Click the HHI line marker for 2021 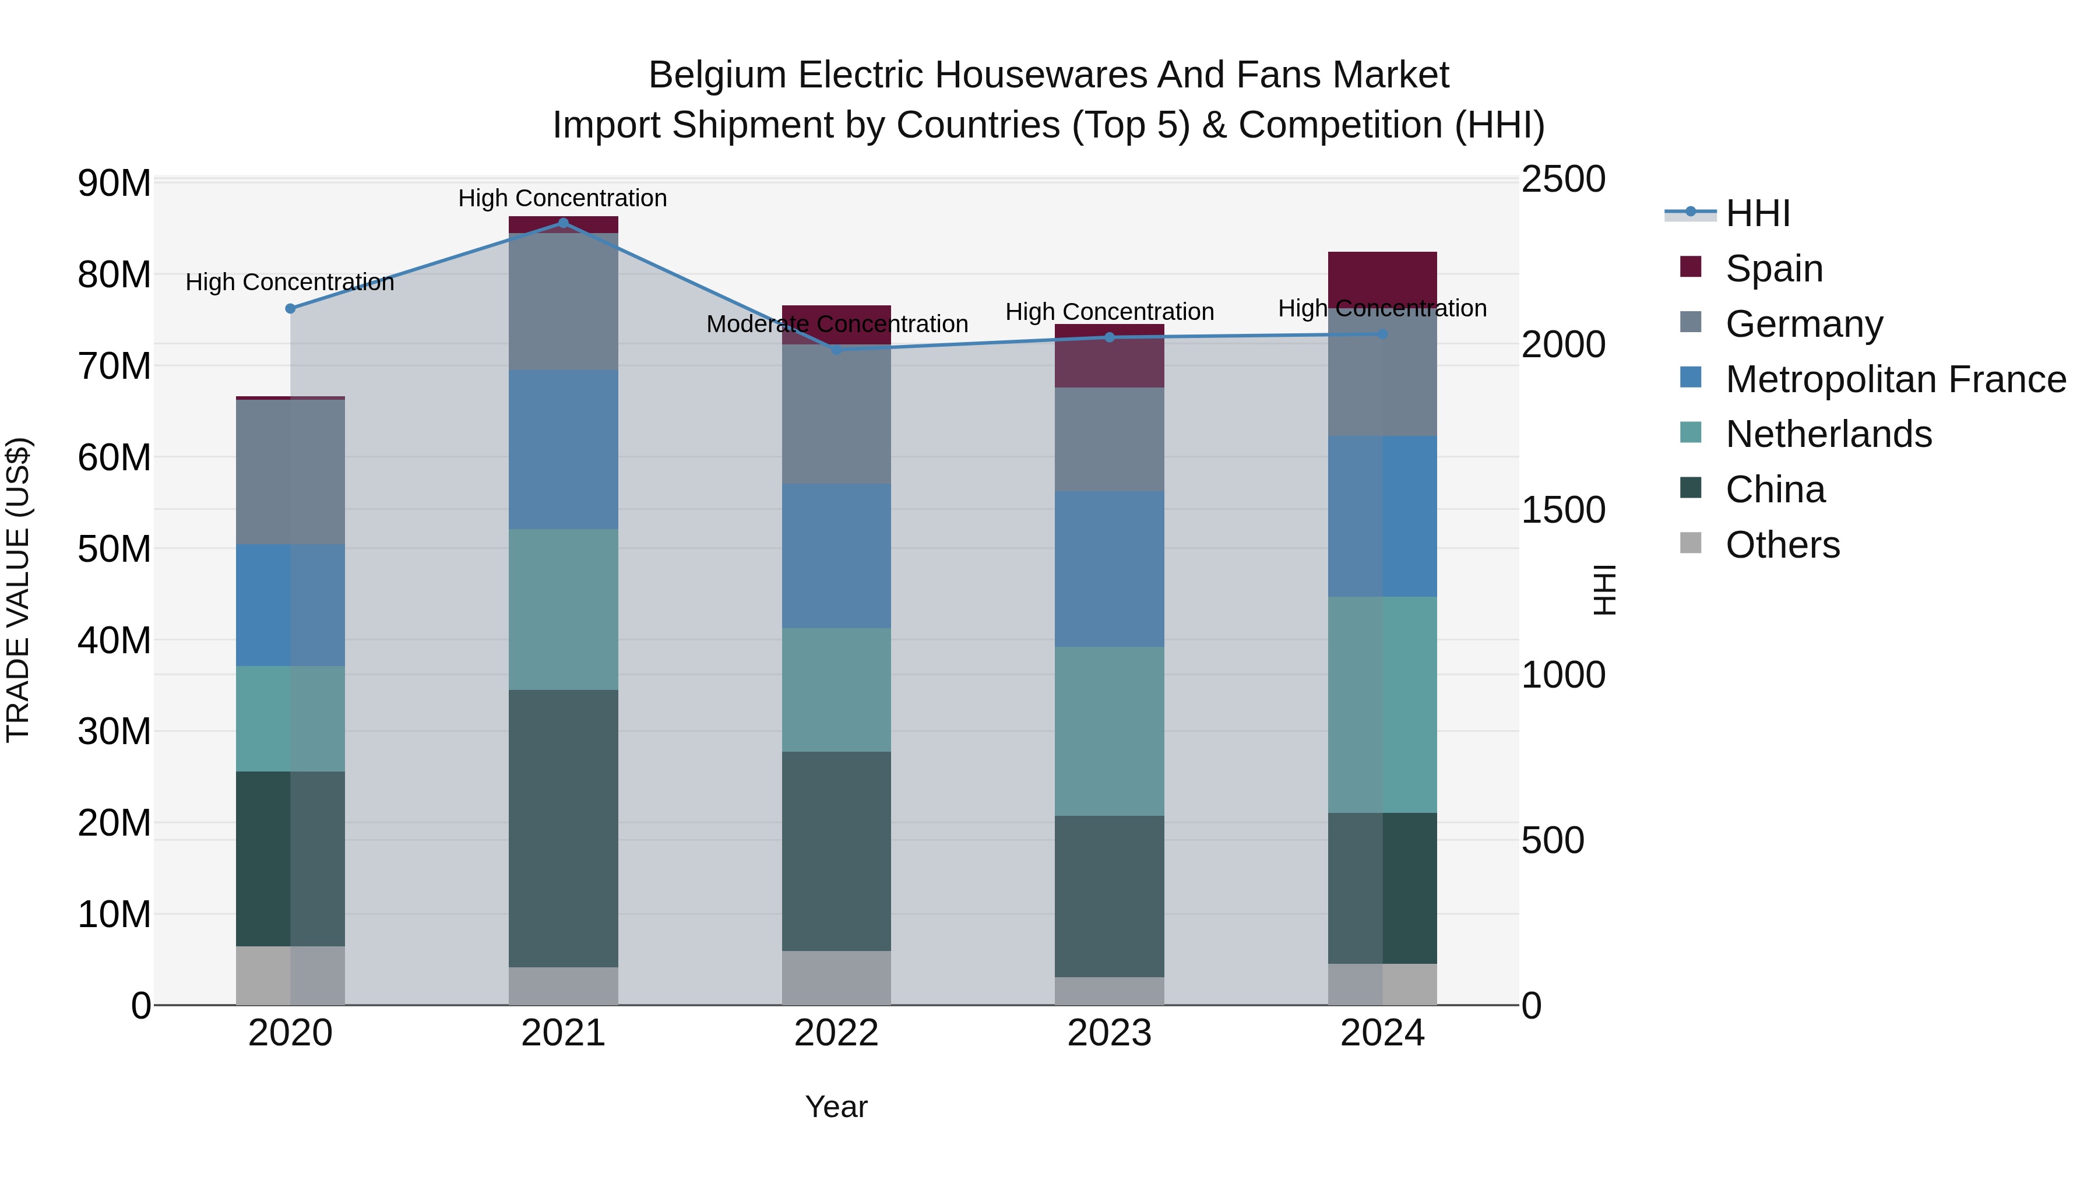click(x=563, y=223)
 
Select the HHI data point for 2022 click(x=836, y=350)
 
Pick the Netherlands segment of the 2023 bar click(x=1108, y=731)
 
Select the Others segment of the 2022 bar click(x=836, y=977)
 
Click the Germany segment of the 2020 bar click(x=290, y=473)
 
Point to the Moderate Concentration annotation click(x=836, y=324)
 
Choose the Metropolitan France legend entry click(x=1895, y=379)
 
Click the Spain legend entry click(x=1774, y=269)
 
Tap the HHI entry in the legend click(x=1758, y=213)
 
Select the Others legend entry click(x=1782, y=545)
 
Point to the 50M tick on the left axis click(x=114, y=549)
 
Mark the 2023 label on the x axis click(x=1108, y=1033)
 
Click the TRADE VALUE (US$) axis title click(x=18, y=590)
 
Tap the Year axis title click(x=836, y=1107)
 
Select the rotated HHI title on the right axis click(x=1604, y=590)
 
